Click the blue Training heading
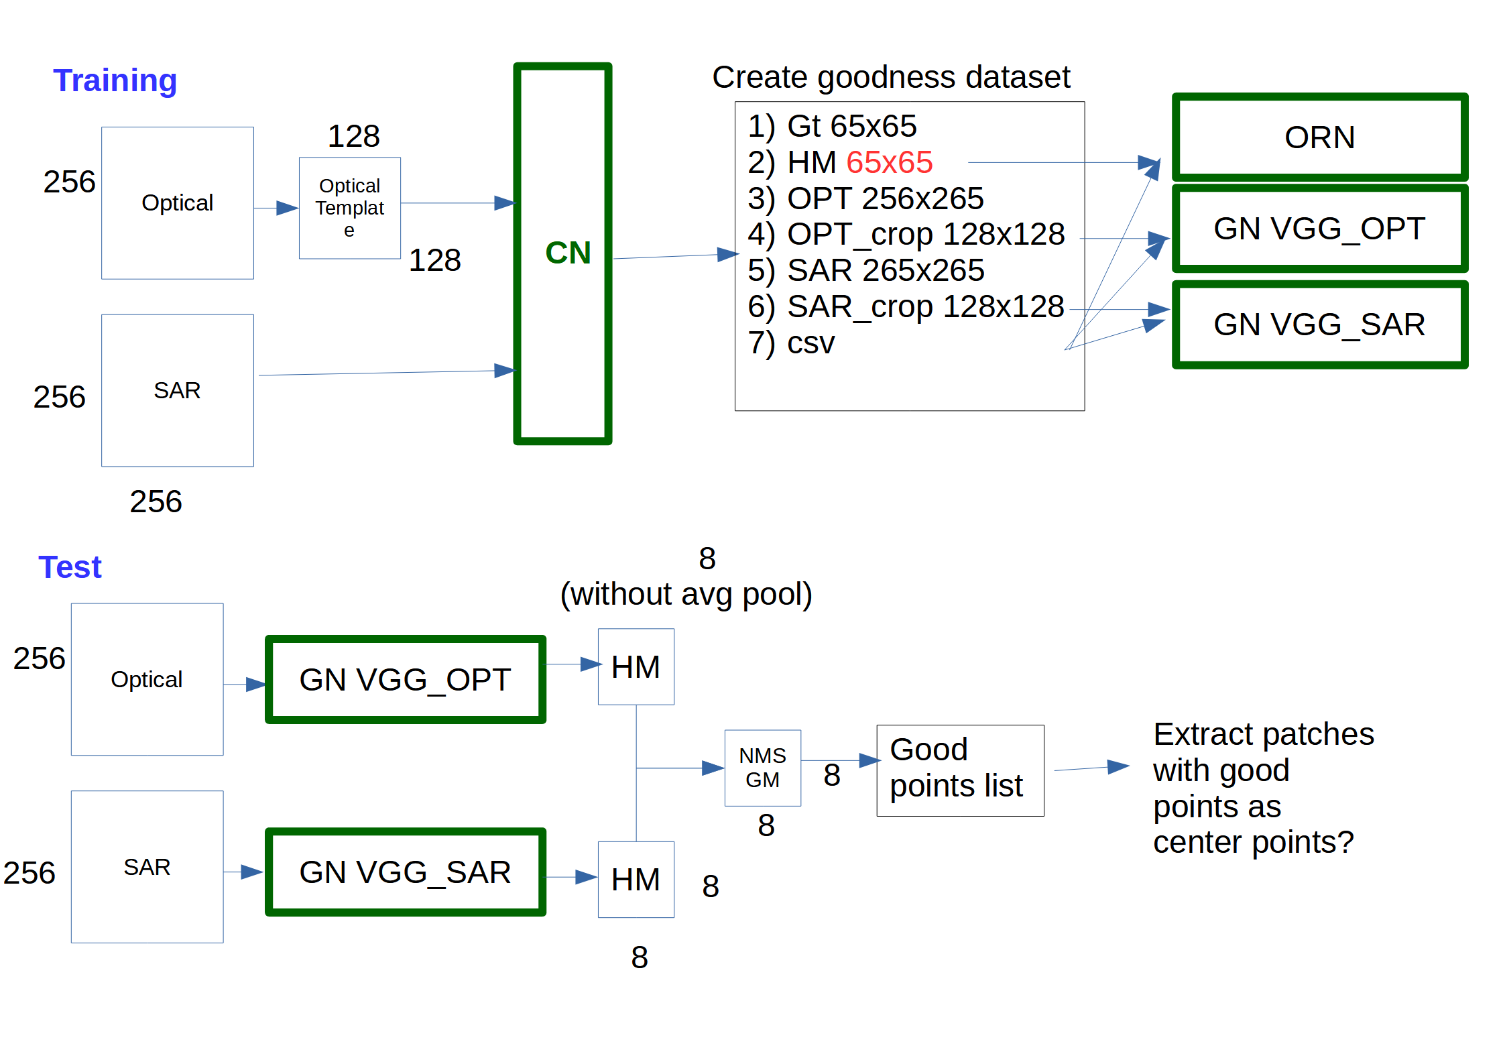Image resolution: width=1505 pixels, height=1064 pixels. tap(115, 81)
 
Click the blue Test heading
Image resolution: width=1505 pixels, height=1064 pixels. tap(70, 567)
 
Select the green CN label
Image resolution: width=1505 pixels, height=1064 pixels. tap(568, 253)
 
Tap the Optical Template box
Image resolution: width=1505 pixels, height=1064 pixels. tap(350, 208)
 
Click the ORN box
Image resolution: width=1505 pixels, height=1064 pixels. tap(1320, 137)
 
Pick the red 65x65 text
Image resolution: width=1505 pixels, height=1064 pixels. tap(889, 162)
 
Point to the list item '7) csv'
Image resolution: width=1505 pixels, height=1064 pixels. tap(791, 343)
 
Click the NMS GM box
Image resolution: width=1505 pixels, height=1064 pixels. tap(763, 768)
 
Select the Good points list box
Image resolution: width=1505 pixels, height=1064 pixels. tap(960, 770)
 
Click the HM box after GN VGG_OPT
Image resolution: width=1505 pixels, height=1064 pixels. tap(636, 666)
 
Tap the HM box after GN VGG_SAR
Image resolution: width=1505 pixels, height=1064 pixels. tap(636, 880)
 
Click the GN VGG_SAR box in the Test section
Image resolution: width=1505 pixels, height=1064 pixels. tap(406, 872)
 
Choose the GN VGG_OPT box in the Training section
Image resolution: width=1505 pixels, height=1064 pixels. tap(1320, 229)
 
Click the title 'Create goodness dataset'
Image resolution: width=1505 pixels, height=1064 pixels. tap(891, 78)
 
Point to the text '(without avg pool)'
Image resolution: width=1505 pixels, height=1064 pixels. tap(686, 595)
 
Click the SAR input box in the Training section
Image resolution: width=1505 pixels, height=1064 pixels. tap(178, 390)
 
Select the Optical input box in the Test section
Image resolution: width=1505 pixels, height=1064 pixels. tap(147, 679)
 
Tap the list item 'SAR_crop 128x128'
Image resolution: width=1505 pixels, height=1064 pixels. tap(926, 306)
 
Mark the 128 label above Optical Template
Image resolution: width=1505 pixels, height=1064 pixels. tap(353, 136)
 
